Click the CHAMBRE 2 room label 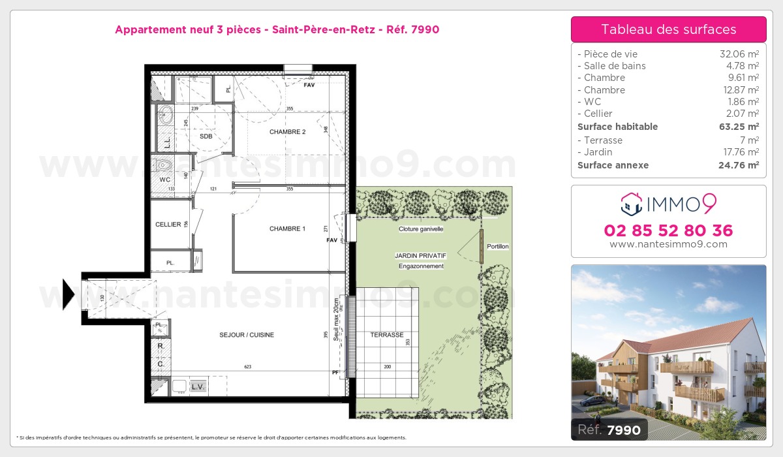(288, 132)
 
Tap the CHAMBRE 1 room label (288, 228)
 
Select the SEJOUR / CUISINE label (247, 335)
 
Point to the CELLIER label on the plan (168, 225)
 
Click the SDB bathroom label (206, 136)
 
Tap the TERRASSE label (387, 335)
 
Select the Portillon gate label (498, 246)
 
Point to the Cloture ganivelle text (421, 229)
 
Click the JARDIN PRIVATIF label (421, 256)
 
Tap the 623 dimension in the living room (247, 367)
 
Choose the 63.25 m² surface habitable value (744, 127)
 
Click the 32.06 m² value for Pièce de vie (739, 54)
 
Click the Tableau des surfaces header (668, 29)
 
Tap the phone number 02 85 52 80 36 (668, 230)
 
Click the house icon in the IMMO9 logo (632, 204)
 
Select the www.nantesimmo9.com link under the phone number (668, 244)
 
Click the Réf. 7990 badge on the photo (609, 430)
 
